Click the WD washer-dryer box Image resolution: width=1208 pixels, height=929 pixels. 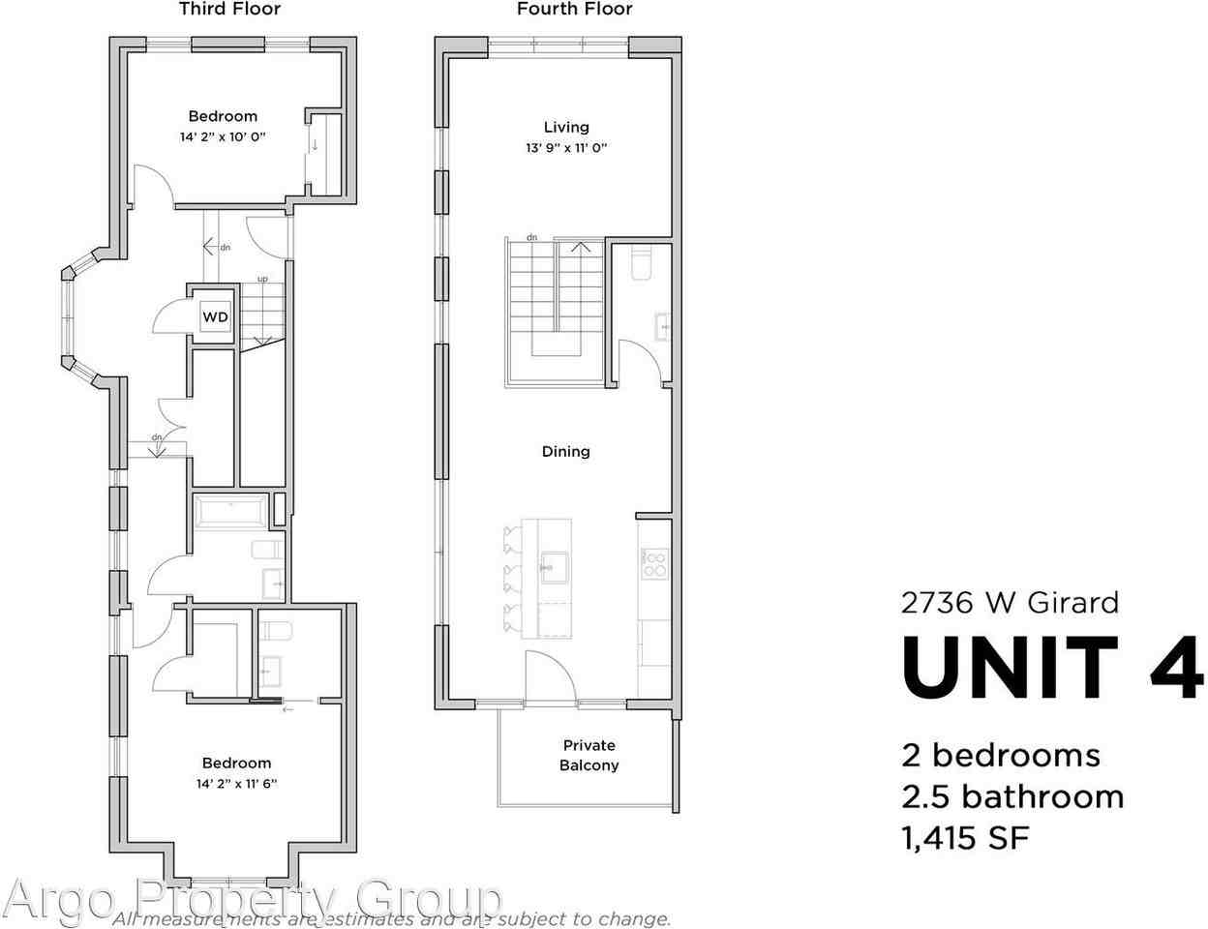point(215,316)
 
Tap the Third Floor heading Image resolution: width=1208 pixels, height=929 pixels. point(229,10)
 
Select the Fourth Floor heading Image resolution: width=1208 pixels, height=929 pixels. point(574,10)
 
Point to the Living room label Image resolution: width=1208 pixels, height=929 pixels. point(566,127)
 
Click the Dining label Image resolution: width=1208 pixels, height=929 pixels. point(566,451)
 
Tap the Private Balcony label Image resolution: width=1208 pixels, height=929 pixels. point(589,755)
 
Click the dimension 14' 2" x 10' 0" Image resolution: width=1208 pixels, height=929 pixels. point(223,137)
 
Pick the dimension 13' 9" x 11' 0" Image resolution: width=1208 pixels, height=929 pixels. point(566,148)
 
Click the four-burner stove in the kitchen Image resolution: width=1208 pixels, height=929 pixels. point(654,563)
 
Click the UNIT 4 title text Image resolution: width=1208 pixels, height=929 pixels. point(1052,668)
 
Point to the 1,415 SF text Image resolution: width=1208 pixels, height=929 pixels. point(965,837)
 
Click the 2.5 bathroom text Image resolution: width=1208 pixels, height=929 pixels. point(1012,796)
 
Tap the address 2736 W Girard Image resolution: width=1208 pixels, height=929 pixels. point(1010,603)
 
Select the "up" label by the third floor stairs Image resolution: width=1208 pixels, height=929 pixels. point(262,279)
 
